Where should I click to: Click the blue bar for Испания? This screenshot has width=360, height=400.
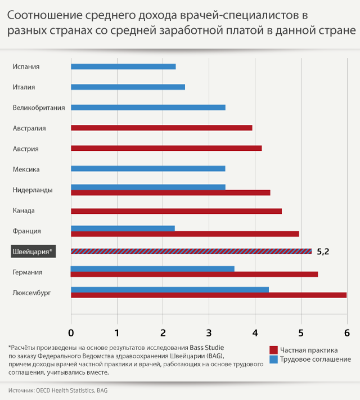click(x=123, y=66)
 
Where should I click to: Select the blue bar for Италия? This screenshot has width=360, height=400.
click(x=128, y=87)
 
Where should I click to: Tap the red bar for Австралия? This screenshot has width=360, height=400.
click(x=161, y=128)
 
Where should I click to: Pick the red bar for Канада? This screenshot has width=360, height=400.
click(x=176, y=211)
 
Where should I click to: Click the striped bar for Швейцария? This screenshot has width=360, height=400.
click(x=191, y=251)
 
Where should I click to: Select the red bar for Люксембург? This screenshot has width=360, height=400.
click(x=209, y=295)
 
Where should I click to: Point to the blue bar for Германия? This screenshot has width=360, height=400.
click(x=152, y=268)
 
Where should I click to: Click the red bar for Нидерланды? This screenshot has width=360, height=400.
click(x=170, y=193)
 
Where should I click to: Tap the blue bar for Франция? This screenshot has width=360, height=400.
click(x=123, y=228)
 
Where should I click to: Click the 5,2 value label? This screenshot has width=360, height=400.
click(x=323, y=251)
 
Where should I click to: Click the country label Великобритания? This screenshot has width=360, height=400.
click(x=39, y=107)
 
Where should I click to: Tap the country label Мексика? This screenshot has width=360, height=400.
click(x=26, y=169)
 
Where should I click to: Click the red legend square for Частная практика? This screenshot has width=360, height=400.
click(x=274, y=350)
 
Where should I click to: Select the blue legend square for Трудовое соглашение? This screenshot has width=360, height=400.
click(x=274, y=359)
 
